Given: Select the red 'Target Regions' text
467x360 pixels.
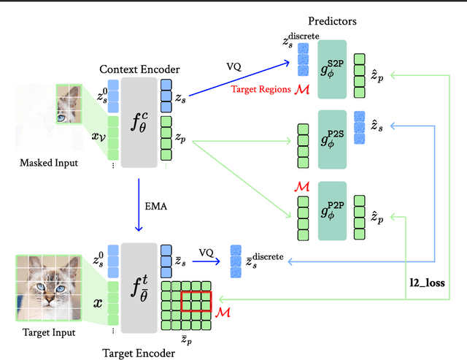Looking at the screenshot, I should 260,89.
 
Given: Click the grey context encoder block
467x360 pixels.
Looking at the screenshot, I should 140,120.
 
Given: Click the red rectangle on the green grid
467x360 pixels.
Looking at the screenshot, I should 196,301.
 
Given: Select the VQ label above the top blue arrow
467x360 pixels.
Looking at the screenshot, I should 233,64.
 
